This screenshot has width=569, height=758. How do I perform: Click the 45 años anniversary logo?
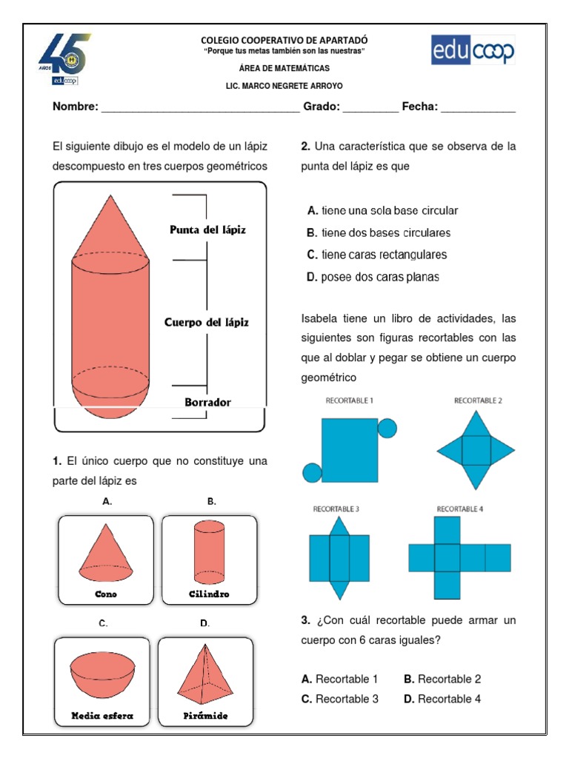click(65, 58)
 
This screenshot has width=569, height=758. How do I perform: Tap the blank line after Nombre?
click(200, 108)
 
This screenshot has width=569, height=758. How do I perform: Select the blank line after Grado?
click(370, 108)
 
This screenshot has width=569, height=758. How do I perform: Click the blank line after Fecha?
click(478, 108)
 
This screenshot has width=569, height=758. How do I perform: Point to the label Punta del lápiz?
click(207, 229)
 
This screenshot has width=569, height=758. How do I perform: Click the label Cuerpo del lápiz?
click(206, 322)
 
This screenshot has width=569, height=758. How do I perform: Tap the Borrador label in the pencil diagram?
click(207, 403)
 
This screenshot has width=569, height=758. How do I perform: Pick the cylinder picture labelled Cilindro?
click(209, 551)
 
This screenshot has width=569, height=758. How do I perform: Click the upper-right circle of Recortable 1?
click(387, 427)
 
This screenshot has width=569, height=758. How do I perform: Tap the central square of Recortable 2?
click(476, 449)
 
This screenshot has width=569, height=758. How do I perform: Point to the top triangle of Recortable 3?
click(339, 526)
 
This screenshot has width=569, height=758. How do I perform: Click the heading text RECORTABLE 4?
click(459, 509)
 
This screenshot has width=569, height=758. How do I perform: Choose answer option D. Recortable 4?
click(442, 699)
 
